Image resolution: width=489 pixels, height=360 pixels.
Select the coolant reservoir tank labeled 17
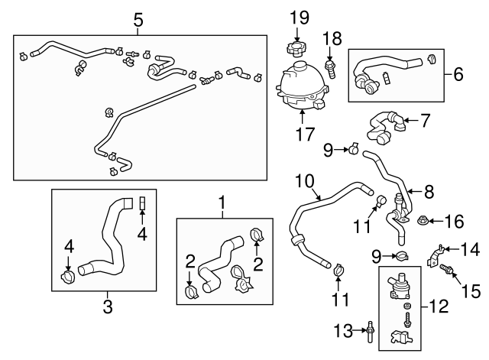[x=303, y=86]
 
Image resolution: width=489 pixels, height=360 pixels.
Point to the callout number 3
[x=107, y=307]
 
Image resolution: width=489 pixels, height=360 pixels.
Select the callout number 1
[x=222, y=203]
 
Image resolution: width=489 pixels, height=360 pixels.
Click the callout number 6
[x=458, y=74]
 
